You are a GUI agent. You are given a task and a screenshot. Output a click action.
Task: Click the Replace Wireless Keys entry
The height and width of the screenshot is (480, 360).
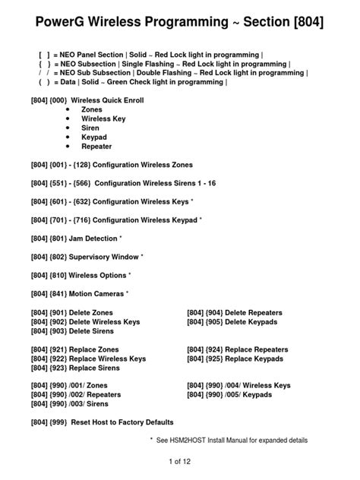pyautogui.click(x=107, y=358)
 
